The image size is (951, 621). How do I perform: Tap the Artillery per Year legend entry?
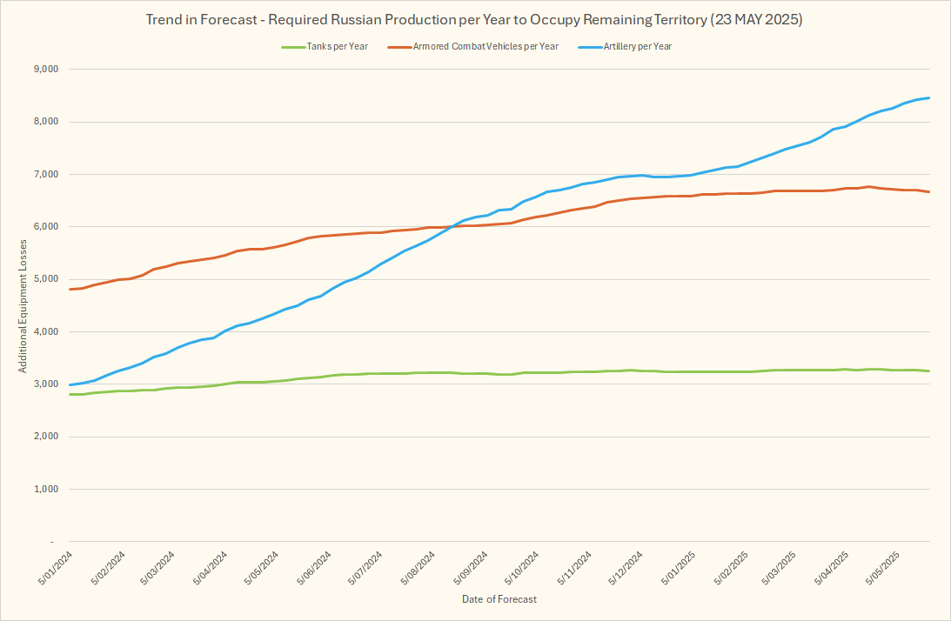(x=638, y=46)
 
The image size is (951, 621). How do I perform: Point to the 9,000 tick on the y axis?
(x=44, y=69)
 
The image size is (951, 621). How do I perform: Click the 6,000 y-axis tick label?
(x=44, y=227)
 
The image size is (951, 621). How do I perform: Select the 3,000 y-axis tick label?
(x=44, y=384)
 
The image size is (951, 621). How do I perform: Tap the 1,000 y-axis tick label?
(x=44, y=490)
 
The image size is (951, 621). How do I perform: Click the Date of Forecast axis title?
(x=499, y=599)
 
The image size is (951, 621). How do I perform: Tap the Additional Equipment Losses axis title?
(x=23, y=305)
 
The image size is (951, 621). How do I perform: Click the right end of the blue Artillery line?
(x=929, y=97)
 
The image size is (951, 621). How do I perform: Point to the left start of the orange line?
(x=70, y=289)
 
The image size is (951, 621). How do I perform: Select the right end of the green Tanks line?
(x=929, y=371)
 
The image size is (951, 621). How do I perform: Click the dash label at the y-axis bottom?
(x=53, y=542)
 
